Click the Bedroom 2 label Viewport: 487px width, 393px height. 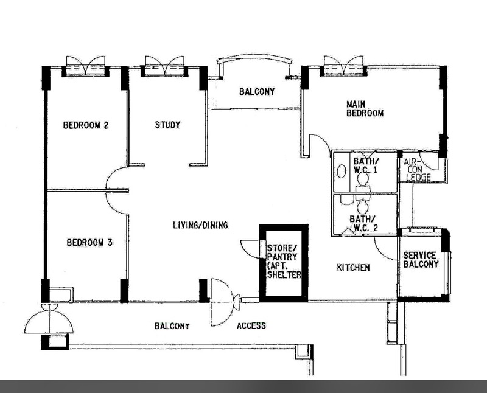pyautogui.click(x=86, y=125)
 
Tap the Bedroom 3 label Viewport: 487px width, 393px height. pyautogui.click(x=89, y=242)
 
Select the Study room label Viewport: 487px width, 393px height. pyautogui.click(x=168, y=125)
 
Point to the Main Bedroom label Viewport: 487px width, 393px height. pyautogui.click(x=365, y=108)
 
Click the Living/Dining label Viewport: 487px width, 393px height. pyautogui.click(x=200, y=224)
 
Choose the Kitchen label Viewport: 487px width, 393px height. pyautogui.click(x=354, y=267)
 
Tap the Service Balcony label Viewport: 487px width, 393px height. pyautogui.click(x=421, y=260)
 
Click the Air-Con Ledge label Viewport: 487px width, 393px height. pyautogui.click(x=417, y=170)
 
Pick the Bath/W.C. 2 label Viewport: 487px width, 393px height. pyautogui.click(x=363, y=223)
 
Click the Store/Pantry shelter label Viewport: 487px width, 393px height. pyautogui.click(x=284, y=261)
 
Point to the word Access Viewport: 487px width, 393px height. pyautogui.click(x=251, y=325)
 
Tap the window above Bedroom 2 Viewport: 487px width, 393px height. pyautogui.click(x=86, y=66)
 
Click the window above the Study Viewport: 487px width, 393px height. pyautogui.click(x=164, y=66)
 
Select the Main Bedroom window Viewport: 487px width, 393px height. pyautogui.click(x=343, y=66)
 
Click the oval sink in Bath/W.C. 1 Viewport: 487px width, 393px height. pyautogui.click(x=342, y=171)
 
